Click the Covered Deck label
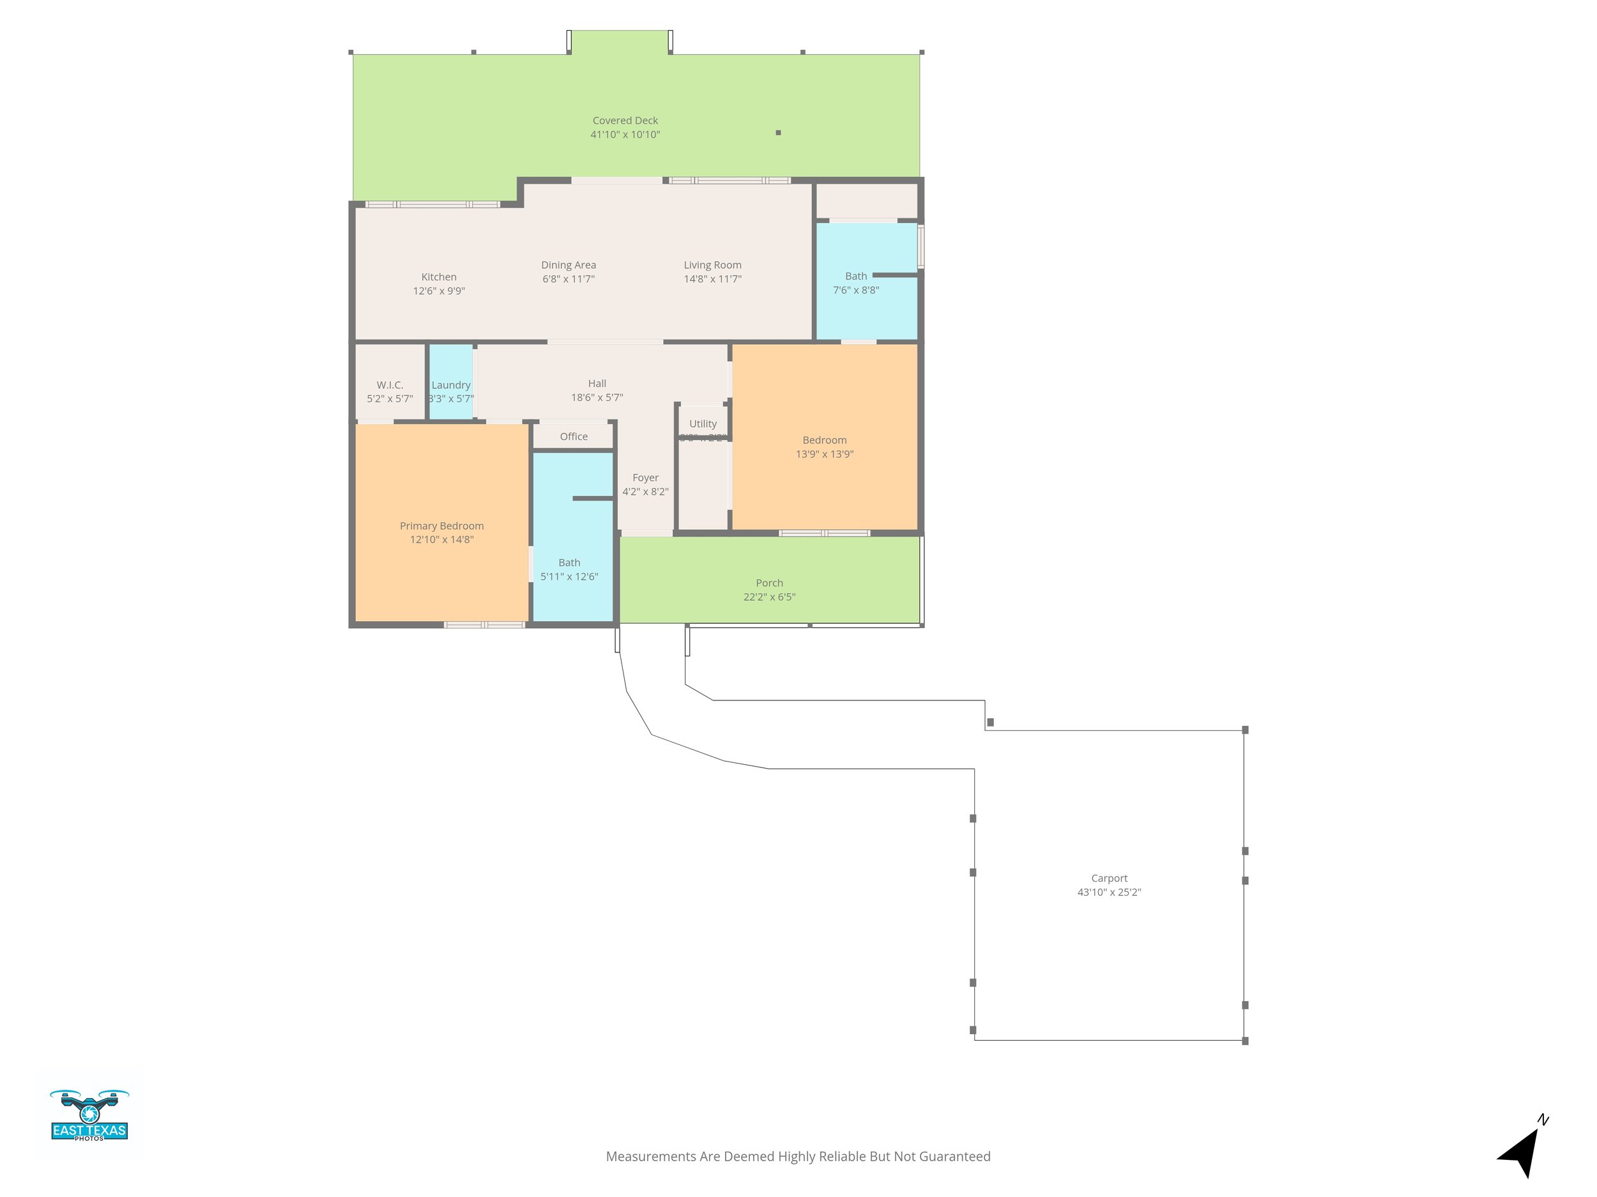click(x=625, y=121)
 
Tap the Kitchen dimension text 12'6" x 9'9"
click(x=438, y=290)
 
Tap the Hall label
click(x=597, y=383)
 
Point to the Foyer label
click(x=645, y=478)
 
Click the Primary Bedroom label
click(x=441, y=526)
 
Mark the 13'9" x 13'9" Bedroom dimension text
click(x=825, y=454)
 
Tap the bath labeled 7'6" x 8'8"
click(x=855, y=283)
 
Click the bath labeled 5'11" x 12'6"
click(x=569, y=569)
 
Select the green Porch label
click(x=769, y=583)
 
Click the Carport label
click(x=1108, y=878)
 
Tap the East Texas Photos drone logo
click(x=89, y=1115)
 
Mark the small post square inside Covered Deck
click(x=777, y=133)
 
